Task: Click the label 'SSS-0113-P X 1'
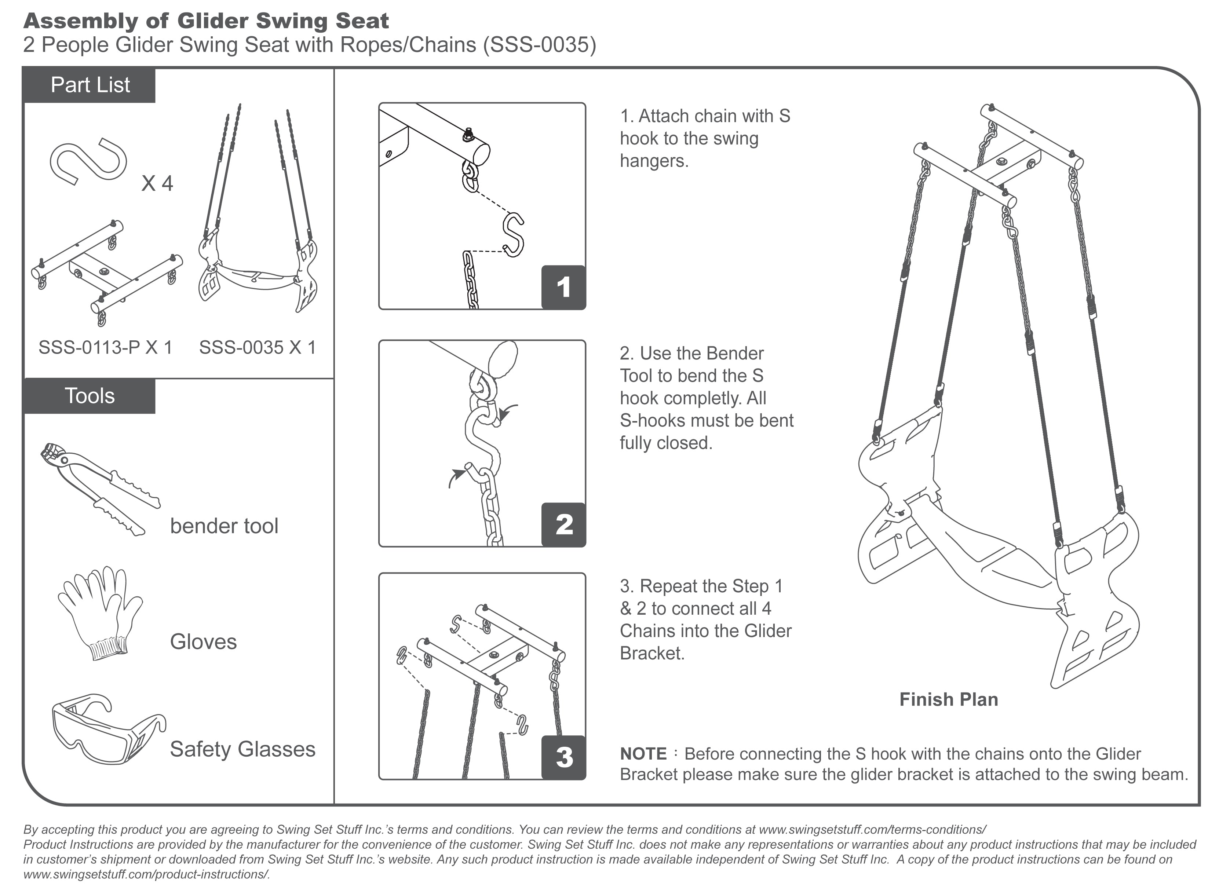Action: (x=105, y=347)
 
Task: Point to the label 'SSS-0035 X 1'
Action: (x=257, y=347)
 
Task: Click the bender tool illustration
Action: (x=101, y=488)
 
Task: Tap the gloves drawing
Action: (x=101, y=613)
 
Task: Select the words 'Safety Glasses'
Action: (x=242, y=749)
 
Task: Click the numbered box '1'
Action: (x=563, y=288)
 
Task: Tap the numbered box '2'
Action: (x=563, y=524)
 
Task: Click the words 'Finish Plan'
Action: (x=949, y=699)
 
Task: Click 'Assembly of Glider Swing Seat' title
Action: (x=206, y=21)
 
